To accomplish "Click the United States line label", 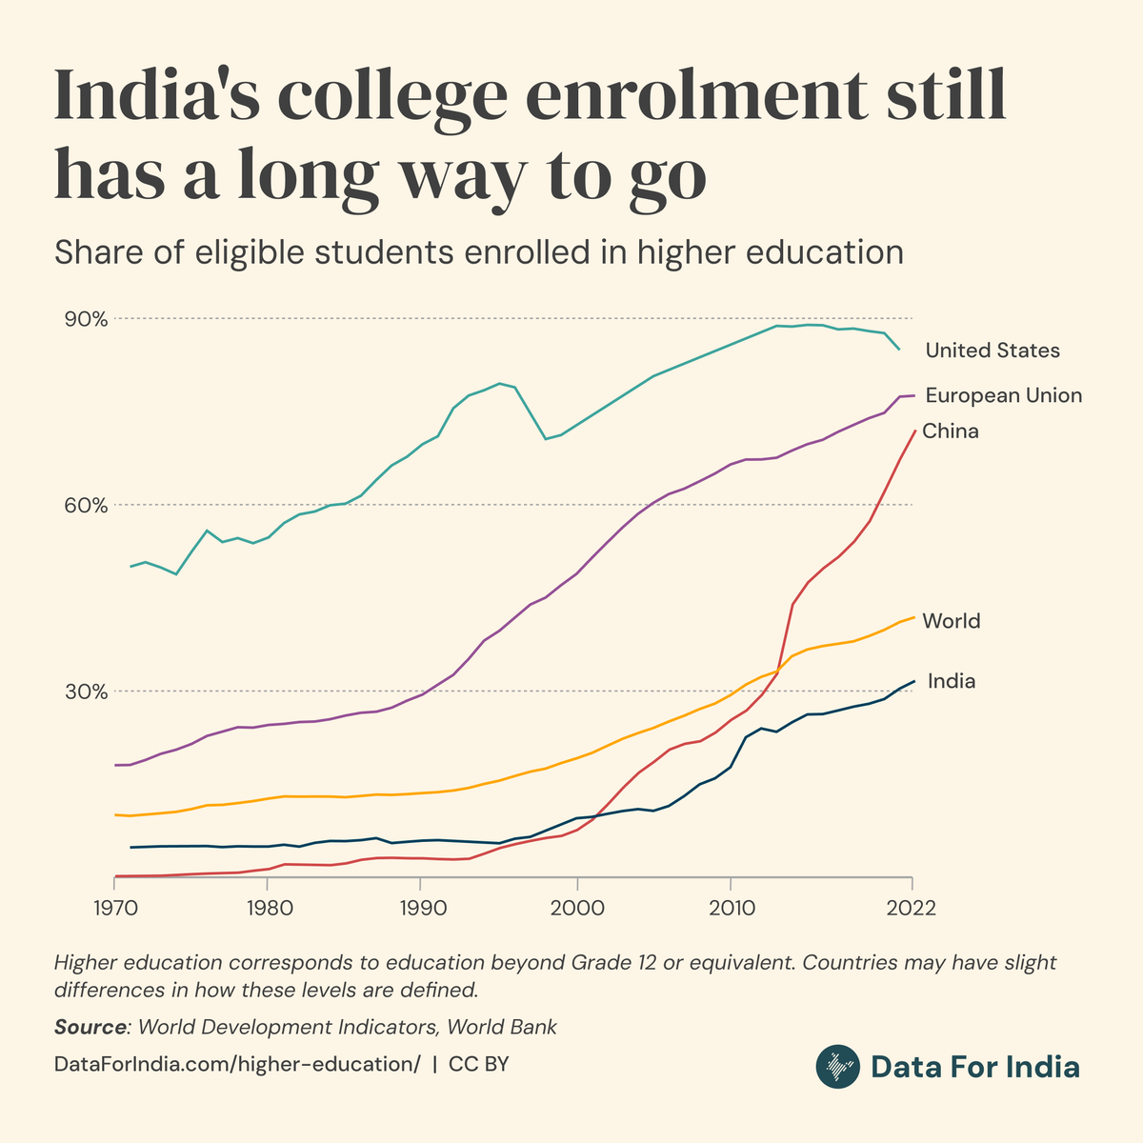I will coord(992,351).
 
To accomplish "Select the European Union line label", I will coord(1003,395).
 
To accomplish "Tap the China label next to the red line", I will coord(950,431).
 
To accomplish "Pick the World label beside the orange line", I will coord(951,621).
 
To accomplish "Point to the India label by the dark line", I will coord(951,681).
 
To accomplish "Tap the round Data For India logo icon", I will coord(838,1067).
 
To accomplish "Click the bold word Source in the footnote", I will coord(90,1027).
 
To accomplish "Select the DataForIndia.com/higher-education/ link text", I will coord(237,1064).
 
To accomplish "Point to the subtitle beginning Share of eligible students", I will coord(478,252).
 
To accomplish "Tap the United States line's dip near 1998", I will coord(546,438).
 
